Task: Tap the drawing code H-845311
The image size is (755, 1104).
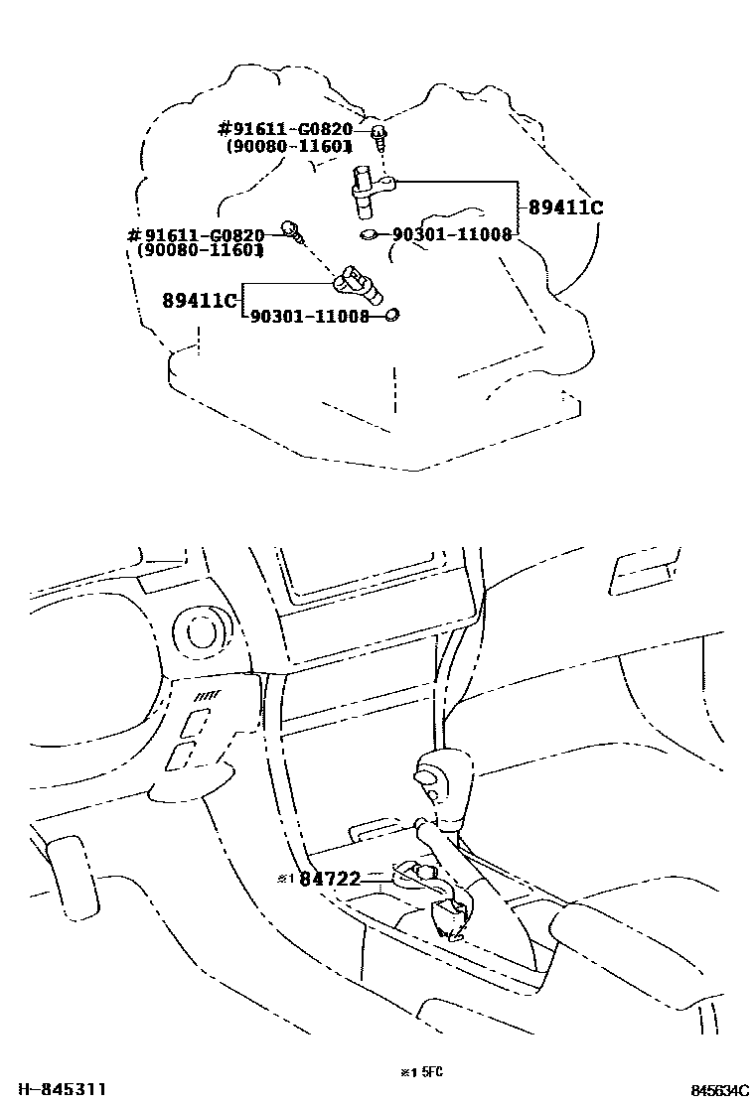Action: pos(54,1089)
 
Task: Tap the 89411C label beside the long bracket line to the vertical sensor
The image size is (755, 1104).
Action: pos(566,208)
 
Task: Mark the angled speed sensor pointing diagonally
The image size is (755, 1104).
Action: pos(359,284)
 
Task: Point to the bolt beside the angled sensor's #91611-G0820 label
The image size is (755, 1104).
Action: pos(291,229)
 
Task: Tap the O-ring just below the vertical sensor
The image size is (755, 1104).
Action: pos(369,235)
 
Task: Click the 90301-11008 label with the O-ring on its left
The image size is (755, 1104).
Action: pos(452,235)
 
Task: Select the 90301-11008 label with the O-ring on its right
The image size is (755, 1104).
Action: pos(309,317)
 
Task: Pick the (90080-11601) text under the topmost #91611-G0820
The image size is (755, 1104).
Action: pos(289,146)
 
